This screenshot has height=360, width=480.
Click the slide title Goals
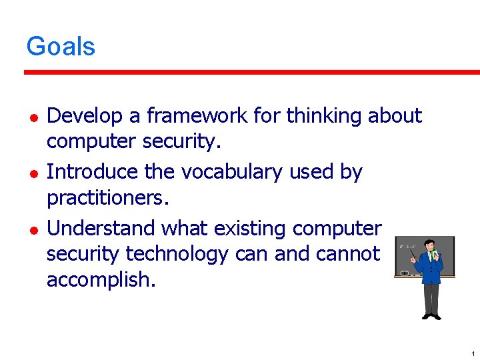pos(61,47)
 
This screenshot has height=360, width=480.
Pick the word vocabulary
pos(231,172)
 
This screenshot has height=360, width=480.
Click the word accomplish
pos(100,280)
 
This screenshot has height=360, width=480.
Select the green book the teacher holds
pos(436,255)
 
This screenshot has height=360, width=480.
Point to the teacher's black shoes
pos(431,316)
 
